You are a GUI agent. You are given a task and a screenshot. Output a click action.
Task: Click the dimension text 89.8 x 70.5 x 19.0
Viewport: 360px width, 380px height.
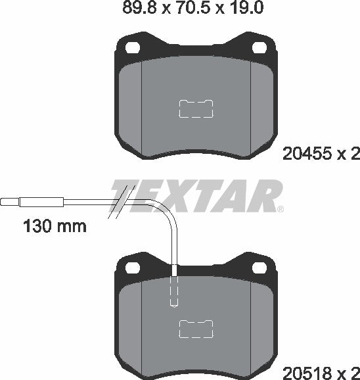pyautogui.click(x=179, y=9)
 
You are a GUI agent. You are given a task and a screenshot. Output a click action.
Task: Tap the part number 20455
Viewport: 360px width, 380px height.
pyautogui.click(x=304, y=154)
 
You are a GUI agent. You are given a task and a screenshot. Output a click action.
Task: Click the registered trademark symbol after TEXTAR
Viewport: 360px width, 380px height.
pyautogui.click(x=281, y=210)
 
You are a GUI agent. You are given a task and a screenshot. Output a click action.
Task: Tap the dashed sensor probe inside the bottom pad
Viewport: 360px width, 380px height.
pyautogui.click(x=175, y=289)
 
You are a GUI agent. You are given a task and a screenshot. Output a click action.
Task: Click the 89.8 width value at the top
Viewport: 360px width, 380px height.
pyautogui.click(x=136, y=9)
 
